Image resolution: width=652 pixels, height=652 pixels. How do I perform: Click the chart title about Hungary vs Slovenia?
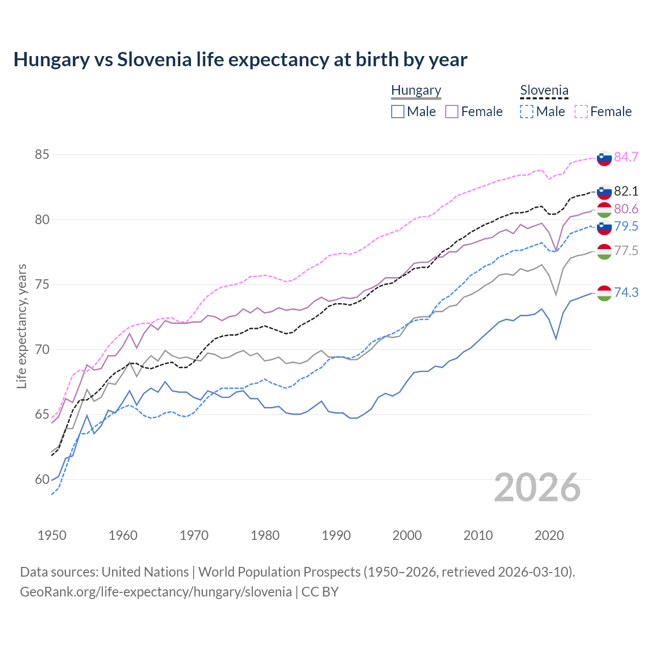click(x=240, y=60)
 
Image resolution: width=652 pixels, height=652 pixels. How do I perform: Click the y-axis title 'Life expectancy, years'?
click(x=21, y=326)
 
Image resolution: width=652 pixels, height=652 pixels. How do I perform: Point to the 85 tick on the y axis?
click(x=42, y=154)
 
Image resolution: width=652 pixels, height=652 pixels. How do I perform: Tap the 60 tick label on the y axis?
click(x=42, y=479)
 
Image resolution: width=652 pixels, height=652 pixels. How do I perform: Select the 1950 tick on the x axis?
click(x=52, y=535)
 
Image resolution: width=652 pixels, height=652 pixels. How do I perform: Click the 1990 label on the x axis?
click(x=336, y=535)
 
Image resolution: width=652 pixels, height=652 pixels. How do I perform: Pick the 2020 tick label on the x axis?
click(x=549, y=535)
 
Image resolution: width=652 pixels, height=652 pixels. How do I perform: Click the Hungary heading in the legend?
click(x=416, y=90)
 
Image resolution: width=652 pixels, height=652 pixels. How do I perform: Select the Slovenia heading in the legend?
click(x=544, y=90)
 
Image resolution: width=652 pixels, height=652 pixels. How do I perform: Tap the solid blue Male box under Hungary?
click(x=398, y=112)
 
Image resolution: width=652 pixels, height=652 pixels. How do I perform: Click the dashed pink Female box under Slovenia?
click(x=581, y=112)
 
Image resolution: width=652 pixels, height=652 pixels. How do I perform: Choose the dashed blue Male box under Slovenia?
click(x=527, y=112)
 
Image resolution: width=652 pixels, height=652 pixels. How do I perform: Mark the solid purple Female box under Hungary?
click(x=452, y=112)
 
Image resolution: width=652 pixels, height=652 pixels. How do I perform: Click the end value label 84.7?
click(x=626, y=157)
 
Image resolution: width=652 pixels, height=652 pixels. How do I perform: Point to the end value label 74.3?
click(x=626, y=292)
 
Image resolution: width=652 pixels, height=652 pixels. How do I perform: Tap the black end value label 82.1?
click(x=626, y=191)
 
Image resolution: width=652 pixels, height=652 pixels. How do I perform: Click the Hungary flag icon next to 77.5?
click(x=604, y=251)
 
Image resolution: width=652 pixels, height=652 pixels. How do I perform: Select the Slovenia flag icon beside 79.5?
click(x=604, y=227)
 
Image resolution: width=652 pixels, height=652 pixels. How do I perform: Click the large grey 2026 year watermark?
click(x=537, y=487)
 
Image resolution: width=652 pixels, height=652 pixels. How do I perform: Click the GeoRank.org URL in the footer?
click(x=156, y=592)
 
